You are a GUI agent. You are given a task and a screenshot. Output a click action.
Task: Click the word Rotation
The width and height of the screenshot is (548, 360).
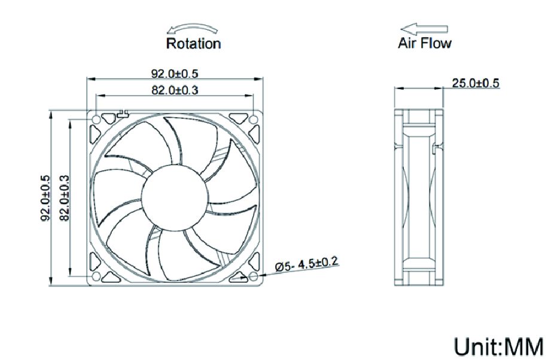point(193,44)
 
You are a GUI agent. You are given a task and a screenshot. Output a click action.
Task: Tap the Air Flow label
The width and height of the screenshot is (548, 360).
point(425,43)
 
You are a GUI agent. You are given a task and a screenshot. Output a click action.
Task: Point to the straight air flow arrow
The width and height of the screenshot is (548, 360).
point(424,28)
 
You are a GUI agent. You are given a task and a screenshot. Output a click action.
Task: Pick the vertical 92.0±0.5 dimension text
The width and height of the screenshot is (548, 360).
point(45,198)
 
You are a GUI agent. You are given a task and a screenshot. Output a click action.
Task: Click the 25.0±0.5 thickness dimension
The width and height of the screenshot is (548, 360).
point(475,83)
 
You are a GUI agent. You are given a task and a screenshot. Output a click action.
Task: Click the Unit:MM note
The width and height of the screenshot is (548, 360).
point(498,346)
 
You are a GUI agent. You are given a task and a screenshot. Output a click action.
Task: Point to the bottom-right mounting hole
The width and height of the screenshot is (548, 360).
point(253,276)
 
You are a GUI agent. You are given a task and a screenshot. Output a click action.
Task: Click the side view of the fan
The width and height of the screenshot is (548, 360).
point(418,198)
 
